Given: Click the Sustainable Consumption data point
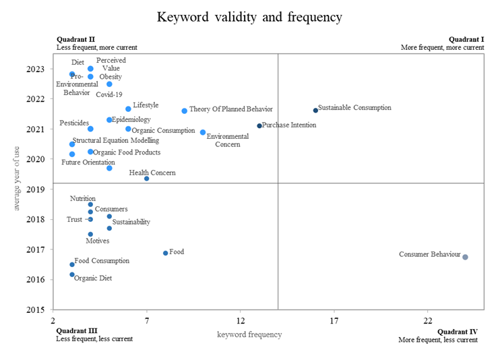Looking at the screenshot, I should (315, 110).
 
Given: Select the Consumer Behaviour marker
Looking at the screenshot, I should (465, 257).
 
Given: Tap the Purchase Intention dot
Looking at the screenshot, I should (259, 125).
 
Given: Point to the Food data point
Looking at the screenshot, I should (166, 253).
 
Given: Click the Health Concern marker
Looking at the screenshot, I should (147, 179).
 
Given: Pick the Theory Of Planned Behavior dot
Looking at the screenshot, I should (184, 111).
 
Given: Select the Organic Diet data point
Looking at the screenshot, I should (72, 274).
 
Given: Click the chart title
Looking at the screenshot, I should (250, 17).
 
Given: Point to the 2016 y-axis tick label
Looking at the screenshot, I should (38, 280).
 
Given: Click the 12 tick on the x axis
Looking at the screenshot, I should (241, 320).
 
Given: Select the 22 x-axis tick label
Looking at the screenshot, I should (428, 320).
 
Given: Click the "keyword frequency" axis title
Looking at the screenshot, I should (249, 334).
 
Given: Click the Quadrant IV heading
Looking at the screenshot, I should (458, 332).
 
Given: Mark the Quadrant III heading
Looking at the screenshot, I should (77, 330).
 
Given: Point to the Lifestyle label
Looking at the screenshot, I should (146, 105).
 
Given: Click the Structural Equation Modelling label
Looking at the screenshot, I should (116, 141).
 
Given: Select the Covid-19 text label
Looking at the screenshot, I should (109, 95).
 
